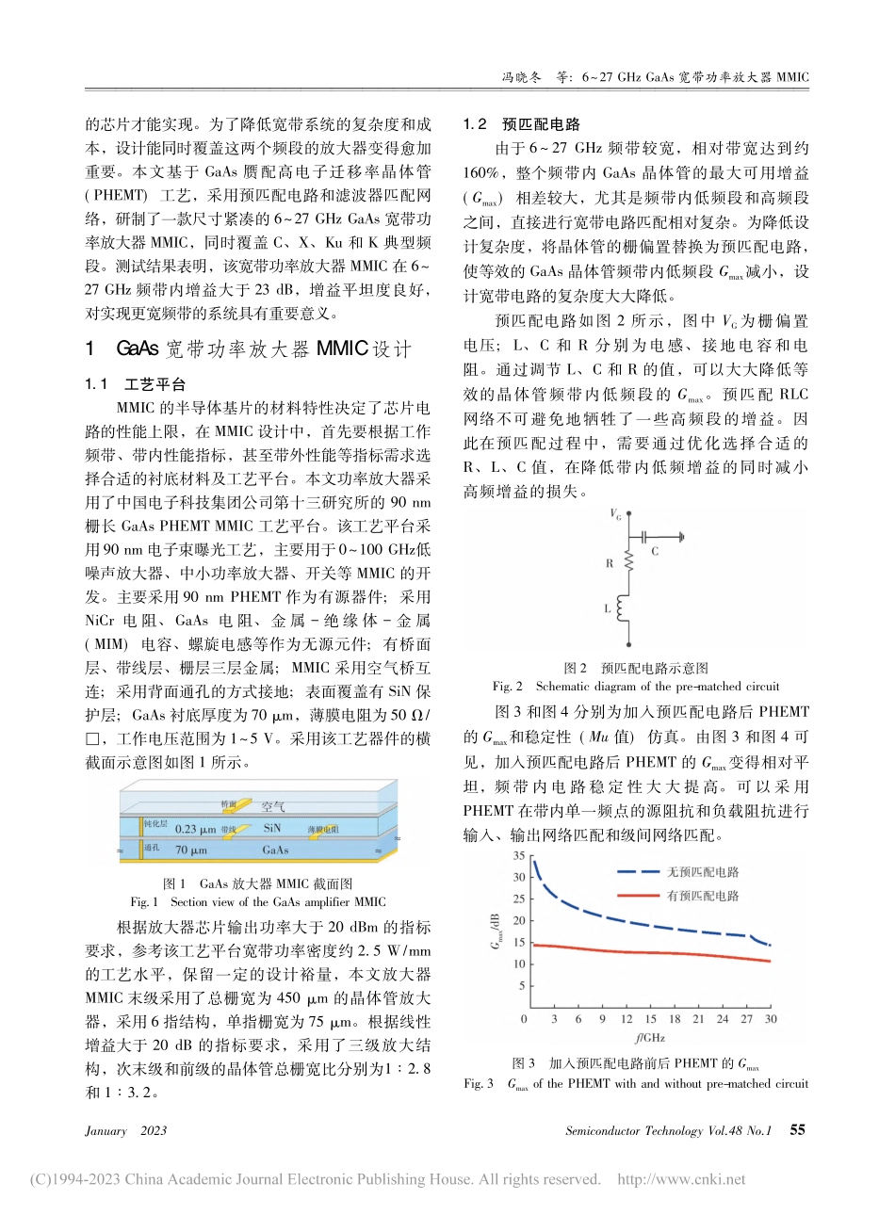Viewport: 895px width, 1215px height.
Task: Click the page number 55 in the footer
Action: tap(797, 1130)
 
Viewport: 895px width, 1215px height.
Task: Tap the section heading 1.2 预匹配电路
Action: tap(522, 124)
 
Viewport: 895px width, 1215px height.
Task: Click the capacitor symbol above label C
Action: tap(647, 537)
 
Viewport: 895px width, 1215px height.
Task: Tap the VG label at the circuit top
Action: tap(615, 514)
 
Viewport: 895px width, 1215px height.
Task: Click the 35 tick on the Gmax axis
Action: tap(518, 856)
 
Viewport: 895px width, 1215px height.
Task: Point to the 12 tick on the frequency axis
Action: tap(626, 1019)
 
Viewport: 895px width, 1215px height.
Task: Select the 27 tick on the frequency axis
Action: tap(746, 1019)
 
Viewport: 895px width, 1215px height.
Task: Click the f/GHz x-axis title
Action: tap(650, 1038)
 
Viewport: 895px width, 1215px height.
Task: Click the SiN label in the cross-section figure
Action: tap(271, 828)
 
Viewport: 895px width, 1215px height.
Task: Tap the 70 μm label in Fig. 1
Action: tap(191, 850)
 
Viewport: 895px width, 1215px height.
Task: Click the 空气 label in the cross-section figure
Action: tap(272, 806)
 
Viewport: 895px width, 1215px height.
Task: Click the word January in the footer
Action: tap(106, 1131)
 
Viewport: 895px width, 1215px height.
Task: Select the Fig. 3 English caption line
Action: tap(636, 1083)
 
